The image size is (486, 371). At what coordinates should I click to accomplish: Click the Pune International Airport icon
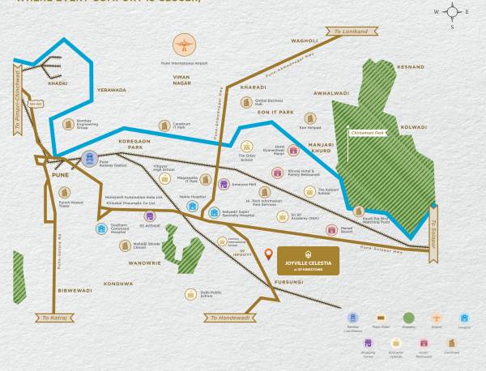click(x=184, y=45)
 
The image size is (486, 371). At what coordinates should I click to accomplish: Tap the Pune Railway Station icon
click(x=91, y=159)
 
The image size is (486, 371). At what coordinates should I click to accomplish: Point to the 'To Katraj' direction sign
click(x=49, y=318)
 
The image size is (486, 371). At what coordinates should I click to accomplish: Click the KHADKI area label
click(x=58, y=83)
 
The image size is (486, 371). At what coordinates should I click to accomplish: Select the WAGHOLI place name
click(x=304, y=41)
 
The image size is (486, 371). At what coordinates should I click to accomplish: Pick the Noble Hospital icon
click(x=192, y=206)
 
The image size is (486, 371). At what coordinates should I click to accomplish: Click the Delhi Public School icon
click(x=190, y=294)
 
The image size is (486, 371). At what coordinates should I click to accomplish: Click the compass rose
click(x=452, y=12)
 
